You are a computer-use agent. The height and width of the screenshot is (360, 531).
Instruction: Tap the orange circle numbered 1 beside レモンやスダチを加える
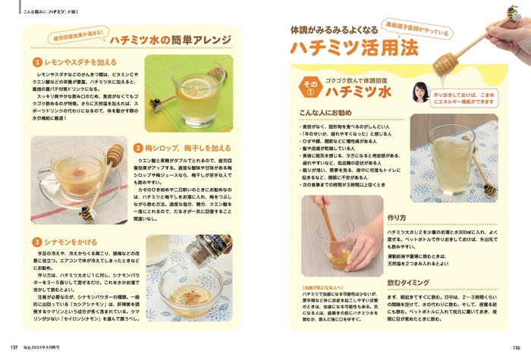pos(36,61)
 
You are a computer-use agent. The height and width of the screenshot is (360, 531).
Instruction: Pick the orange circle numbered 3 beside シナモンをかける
pos(36,242)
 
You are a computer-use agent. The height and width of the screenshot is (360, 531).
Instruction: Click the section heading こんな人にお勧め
pos(326,112)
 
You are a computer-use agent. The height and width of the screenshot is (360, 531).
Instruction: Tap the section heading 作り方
pos(397,217)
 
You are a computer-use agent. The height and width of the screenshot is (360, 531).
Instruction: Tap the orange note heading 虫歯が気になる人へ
pos(325,288)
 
